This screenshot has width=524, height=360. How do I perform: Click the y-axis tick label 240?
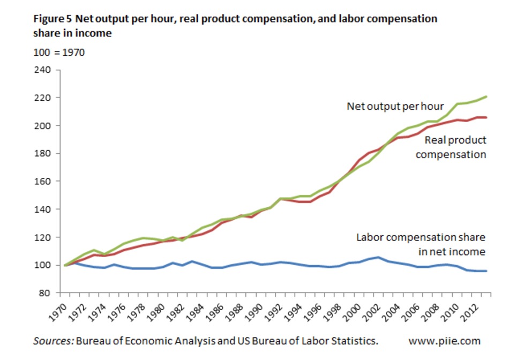(43, 70)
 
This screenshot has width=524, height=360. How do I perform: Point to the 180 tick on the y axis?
(43, 154)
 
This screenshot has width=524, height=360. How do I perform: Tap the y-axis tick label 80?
(45, 293)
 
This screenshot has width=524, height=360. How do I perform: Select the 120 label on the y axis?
(43, 237)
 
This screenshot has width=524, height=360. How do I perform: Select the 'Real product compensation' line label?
(451, 147)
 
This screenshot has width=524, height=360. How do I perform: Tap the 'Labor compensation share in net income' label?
(421, 244)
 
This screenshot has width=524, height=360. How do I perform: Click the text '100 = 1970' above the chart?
(59, 53)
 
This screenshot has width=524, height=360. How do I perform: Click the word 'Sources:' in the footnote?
(53, 341)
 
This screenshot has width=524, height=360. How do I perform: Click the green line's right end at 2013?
(485, 96)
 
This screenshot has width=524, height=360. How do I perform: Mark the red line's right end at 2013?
(485, 117)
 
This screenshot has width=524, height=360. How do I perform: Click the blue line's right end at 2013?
(485, 271)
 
